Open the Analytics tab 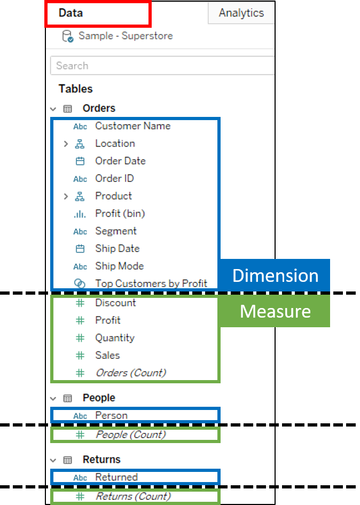241,13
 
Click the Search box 160,66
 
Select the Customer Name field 132,126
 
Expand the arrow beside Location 66,144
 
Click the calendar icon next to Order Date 80,161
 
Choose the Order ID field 114,178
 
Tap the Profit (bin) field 120,214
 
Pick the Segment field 116,231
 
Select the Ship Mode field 119,266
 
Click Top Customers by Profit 151,283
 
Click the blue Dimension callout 275,275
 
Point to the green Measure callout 275,311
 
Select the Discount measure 115,303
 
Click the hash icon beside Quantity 80,338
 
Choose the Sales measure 107,355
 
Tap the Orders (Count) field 130,373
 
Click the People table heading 99,398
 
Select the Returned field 116,477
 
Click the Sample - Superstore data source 126,36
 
